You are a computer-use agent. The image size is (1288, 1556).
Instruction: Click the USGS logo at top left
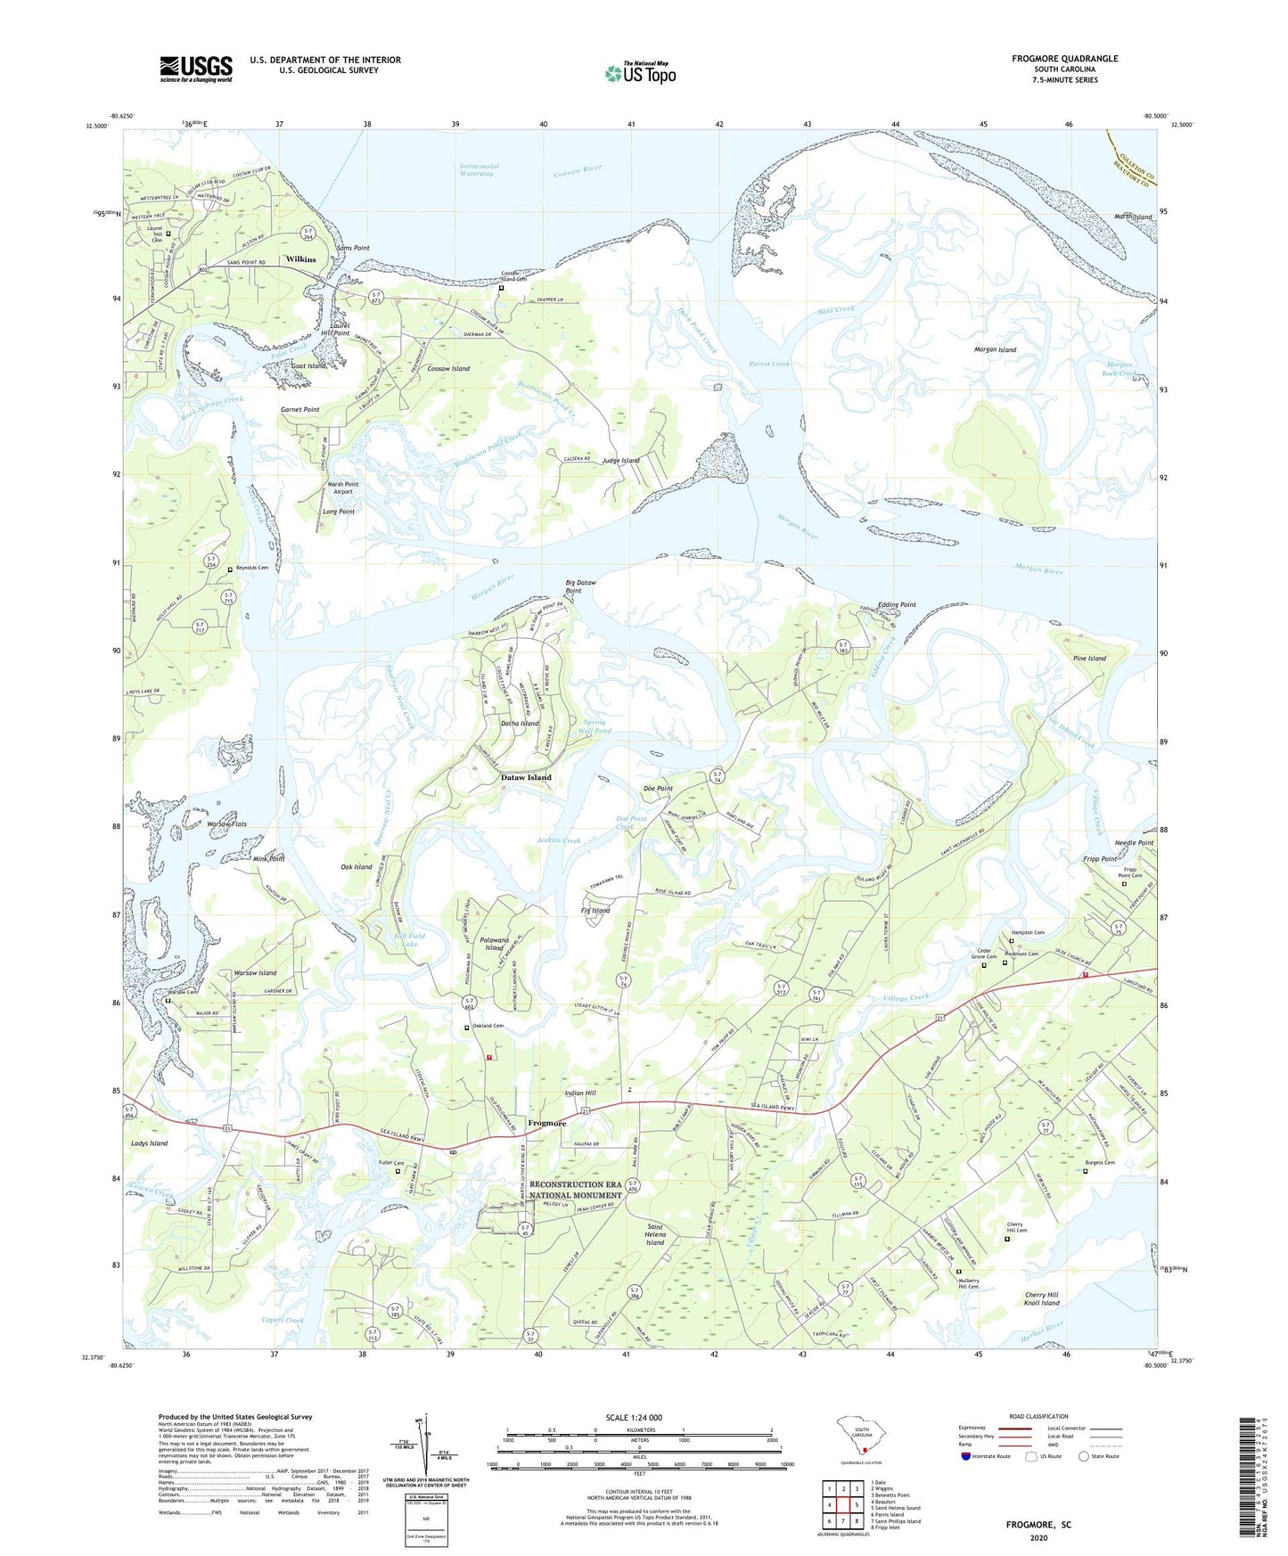pos(196,69)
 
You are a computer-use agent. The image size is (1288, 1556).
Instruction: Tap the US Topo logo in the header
pos(639,73)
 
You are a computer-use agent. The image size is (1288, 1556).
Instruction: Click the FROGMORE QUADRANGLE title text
pos(1064,59)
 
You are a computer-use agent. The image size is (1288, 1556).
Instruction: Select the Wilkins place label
pos(300,259)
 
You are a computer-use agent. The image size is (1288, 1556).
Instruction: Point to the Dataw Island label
pos(526,777)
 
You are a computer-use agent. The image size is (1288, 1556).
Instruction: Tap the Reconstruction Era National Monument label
pos(576,1190)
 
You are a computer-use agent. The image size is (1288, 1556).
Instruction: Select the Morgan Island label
pos(995,349)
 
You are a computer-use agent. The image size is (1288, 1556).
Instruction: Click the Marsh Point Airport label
pos(342,487)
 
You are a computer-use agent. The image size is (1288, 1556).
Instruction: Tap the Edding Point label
pos(897,604)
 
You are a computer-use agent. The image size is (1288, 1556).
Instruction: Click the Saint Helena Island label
pos(655,1234)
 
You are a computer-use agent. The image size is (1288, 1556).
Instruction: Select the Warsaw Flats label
pos(226,824)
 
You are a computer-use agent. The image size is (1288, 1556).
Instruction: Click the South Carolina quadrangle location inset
pos(860,1436)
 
